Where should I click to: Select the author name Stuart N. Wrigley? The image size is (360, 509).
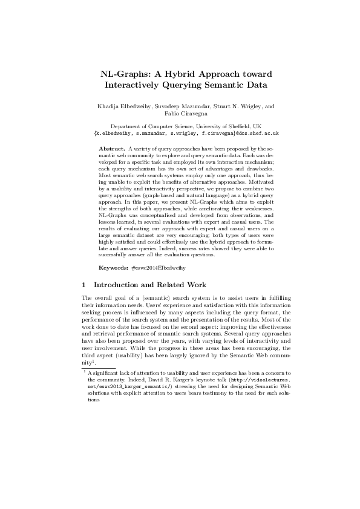[231, 106]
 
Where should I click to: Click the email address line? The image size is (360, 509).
[180, 132]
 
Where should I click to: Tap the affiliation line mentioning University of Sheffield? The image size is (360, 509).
[180, 126]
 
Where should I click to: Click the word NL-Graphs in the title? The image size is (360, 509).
[123, 74]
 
